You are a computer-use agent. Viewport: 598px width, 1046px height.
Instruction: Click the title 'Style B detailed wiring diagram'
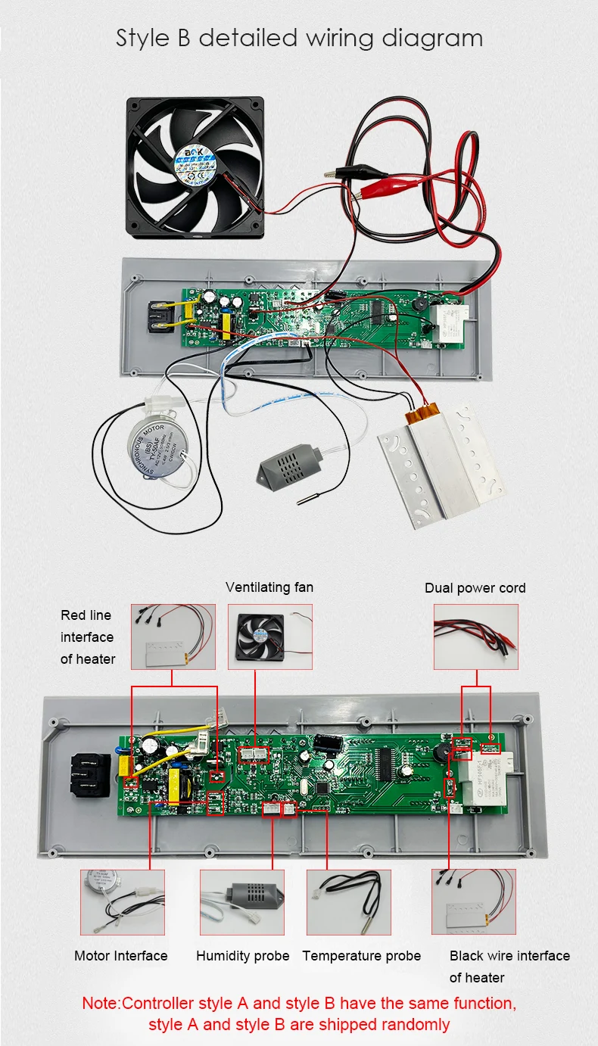299,38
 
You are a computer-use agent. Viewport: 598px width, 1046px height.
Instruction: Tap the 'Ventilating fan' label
269,587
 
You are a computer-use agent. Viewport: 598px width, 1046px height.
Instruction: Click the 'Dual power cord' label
475,588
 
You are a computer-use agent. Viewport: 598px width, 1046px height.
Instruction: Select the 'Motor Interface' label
121,956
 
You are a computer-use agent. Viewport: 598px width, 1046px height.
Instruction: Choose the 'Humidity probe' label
242,956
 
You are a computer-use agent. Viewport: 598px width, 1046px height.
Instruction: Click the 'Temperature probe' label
361,956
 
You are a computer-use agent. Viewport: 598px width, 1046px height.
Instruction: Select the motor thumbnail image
122,901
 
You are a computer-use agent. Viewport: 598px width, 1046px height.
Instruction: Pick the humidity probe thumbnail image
242,901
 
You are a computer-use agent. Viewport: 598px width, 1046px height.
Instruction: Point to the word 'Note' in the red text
99,1004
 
